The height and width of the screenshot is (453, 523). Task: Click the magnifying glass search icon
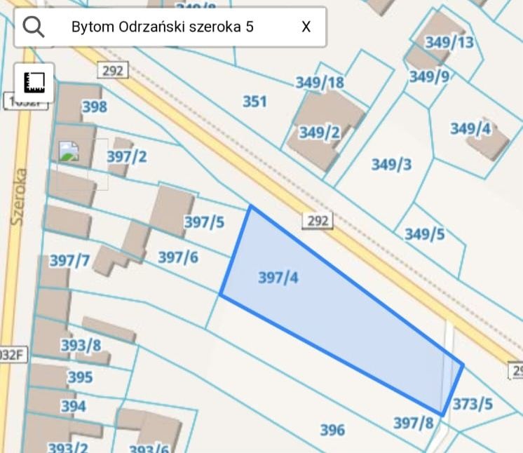(x=34, y=27)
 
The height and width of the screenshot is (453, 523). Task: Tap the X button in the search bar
(x=306, y=27)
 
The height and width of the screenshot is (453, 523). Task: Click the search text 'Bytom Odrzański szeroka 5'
(x=163, y=27)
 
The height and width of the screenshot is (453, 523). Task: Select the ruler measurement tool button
(x=34, y=82)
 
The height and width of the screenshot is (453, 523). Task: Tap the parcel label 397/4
(x=278, y=278)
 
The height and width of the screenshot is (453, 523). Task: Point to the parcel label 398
(x=95, y=107)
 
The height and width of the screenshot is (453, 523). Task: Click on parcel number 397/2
(x=127, y=156)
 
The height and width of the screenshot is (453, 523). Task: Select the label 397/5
(x=204, y=222)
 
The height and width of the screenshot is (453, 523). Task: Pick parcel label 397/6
(x=178, y=257)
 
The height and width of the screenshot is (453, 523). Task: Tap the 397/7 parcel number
(x=69, y=261)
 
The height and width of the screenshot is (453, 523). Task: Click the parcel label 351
(x=254, y=102)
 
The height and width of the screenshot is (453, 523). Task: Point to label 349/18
(x=320, y=83)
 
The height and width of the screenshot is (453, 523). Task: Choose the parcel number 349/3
(x=391, y=165)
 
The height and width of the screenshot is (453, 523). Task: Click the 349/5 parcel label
(x=424, y=234)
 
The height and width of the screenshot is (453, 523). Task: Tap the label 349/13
(x=449, y=42)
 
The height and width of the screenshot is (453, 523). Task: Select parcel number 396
(x=332, y=430)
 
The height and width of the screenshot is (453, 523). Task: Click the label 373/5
(x=473, y=404)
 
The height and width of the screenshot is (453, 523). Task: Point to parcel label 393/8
(x=81, y=345)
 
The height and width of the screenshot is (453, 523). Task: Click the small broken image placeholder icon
(x=69, y=151)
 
